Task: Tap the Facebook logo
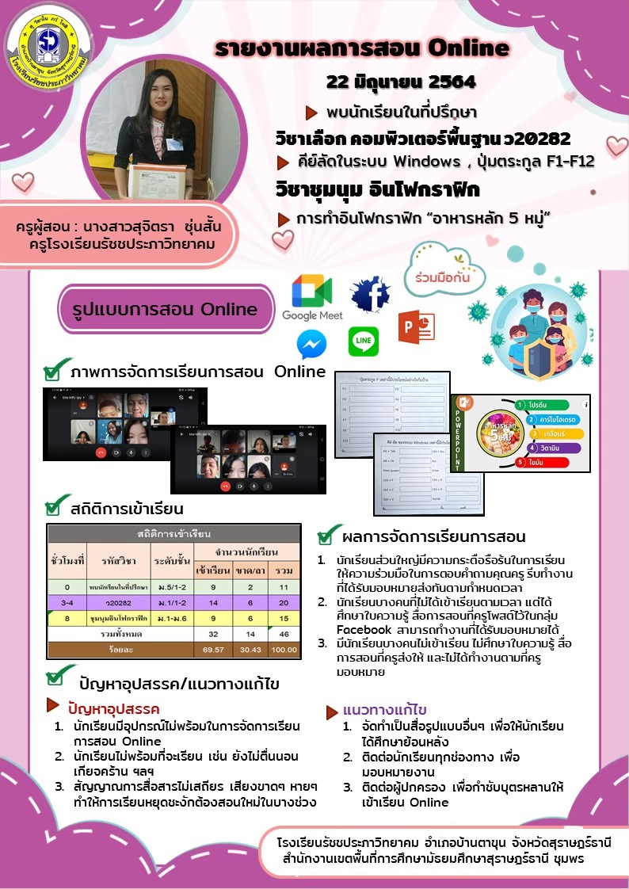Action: click(x=371, y=294)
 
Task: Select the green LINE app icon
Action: click(x=363, y=341)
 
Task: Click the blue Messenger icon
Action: click(x=311, y=345)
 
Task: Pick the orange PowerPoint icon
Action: click(x=417, y=327)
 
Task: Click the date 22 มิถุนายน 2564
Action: click(x=401, y=82)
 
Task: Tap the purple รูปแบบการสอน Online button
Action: click(x=166, y=310)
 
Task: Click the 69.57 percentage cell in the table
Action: click(x=213, y=649)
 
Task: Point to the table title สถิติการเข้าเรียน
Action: click(x=173, y=534)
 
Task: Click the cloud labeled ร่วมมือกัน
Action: click(x=440, y=278)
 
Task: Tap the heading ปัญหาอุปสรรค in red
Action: click(x=114, y=708)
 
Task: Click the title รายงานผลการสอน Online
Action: click(x=362, y=48)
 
